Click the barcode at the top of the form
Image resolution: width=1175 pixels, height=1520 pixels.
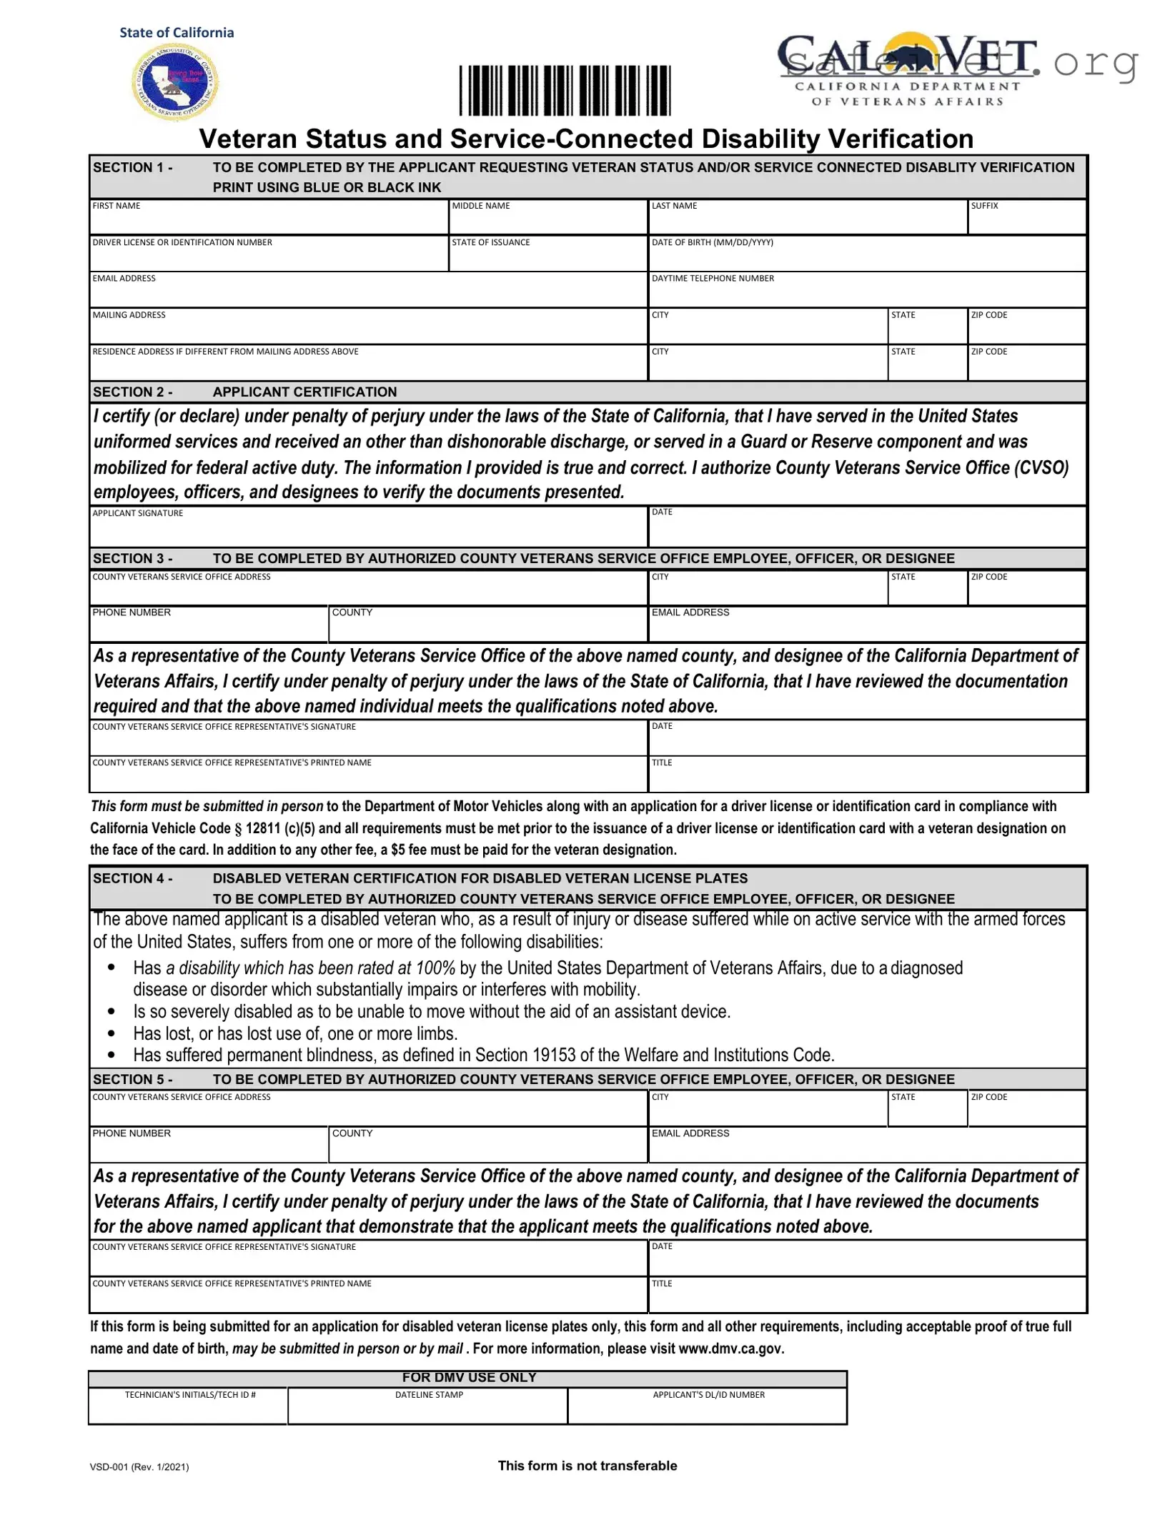point(565,91)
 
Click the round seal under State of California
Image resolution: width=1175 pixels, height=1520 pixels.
point(175,82)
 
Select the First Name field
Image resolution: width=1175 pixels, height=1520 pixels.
point(269,221)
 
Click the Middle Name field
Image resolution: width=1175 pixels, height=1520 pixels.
point(548,221)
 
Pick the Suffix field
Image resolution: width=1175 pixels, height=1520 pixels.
point(1026,221)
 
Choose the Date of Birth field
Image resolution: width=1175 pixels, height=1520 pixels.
point(867,257)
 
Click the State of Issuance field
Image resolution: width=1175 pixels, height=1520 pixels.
point(548,257)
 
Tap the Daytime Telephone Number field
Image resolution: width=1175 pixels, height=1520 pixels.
point(867,294)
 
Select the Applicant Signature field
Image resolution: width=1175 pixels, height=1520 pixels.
point(368,531)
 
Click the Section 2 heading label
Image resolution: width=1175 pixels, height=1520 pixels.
point(244,392)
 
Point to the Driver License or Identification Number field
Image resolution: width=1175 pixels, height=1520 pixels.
point(269,257)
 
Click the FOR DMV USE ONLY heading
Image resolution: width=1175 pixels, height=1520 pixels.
point(469,1378)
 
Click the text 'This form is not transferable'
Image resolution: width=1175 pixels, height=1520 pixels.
point(587,1466)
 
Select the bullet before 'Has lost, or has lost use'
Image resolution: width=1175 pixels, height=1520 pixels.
point(111,1033)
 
